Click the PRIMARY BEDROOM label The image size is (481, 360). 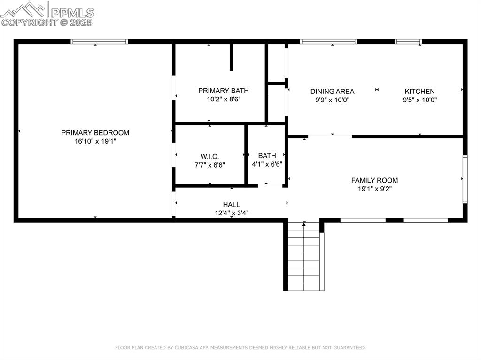95,133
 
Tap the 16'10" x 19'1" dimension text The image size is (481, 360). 95,141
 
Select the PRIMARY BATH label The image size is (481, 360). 223,91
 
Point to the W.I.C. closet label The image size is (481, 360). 209,156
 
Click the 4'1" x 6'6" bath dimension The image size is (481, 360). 267,165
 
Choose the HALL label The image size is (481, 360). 231,205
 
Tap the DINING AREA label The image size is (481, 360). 332,92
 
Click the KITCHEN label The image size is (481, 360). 419,92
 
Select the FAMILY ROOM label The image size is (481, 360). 374,180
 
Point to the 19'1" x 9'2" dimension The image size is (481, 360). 374,189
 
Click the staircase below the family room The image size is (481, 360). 304,256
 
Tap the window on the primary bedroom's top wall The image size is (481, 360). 99,42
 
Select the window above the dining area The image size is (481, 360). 328,42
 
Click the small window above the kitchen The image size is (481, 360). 408,42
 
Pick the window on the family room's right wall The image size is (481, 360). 465,179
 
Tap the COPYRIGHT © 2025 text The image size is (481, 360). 47,22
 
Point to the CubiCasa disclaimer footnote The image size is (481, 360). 240,348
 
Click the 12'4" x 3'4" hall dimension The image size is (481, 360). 231,213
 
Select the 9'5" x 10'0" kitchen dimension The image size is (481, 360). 419,100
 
